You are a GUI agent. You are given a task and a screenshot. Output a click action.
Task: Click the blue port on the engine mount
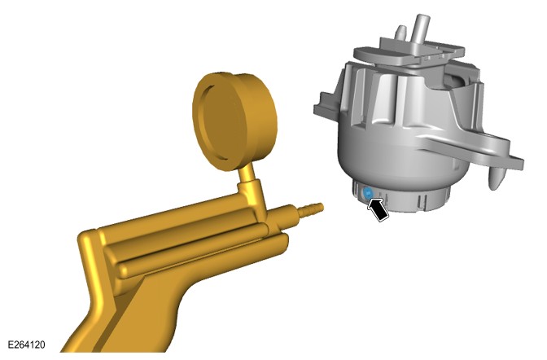[368, 193]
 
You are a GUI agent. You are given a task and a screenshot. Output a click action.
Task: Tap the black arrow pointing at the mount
[377, 209]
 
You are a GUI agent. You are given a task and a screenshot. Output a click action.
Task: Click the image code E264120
[26, 345]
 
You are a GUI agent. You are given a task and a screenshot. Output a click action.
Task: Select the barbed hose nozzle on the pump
[311, 209]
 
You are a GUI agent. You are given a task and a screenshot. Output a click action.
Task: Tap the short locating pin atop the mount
[401, 33]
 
